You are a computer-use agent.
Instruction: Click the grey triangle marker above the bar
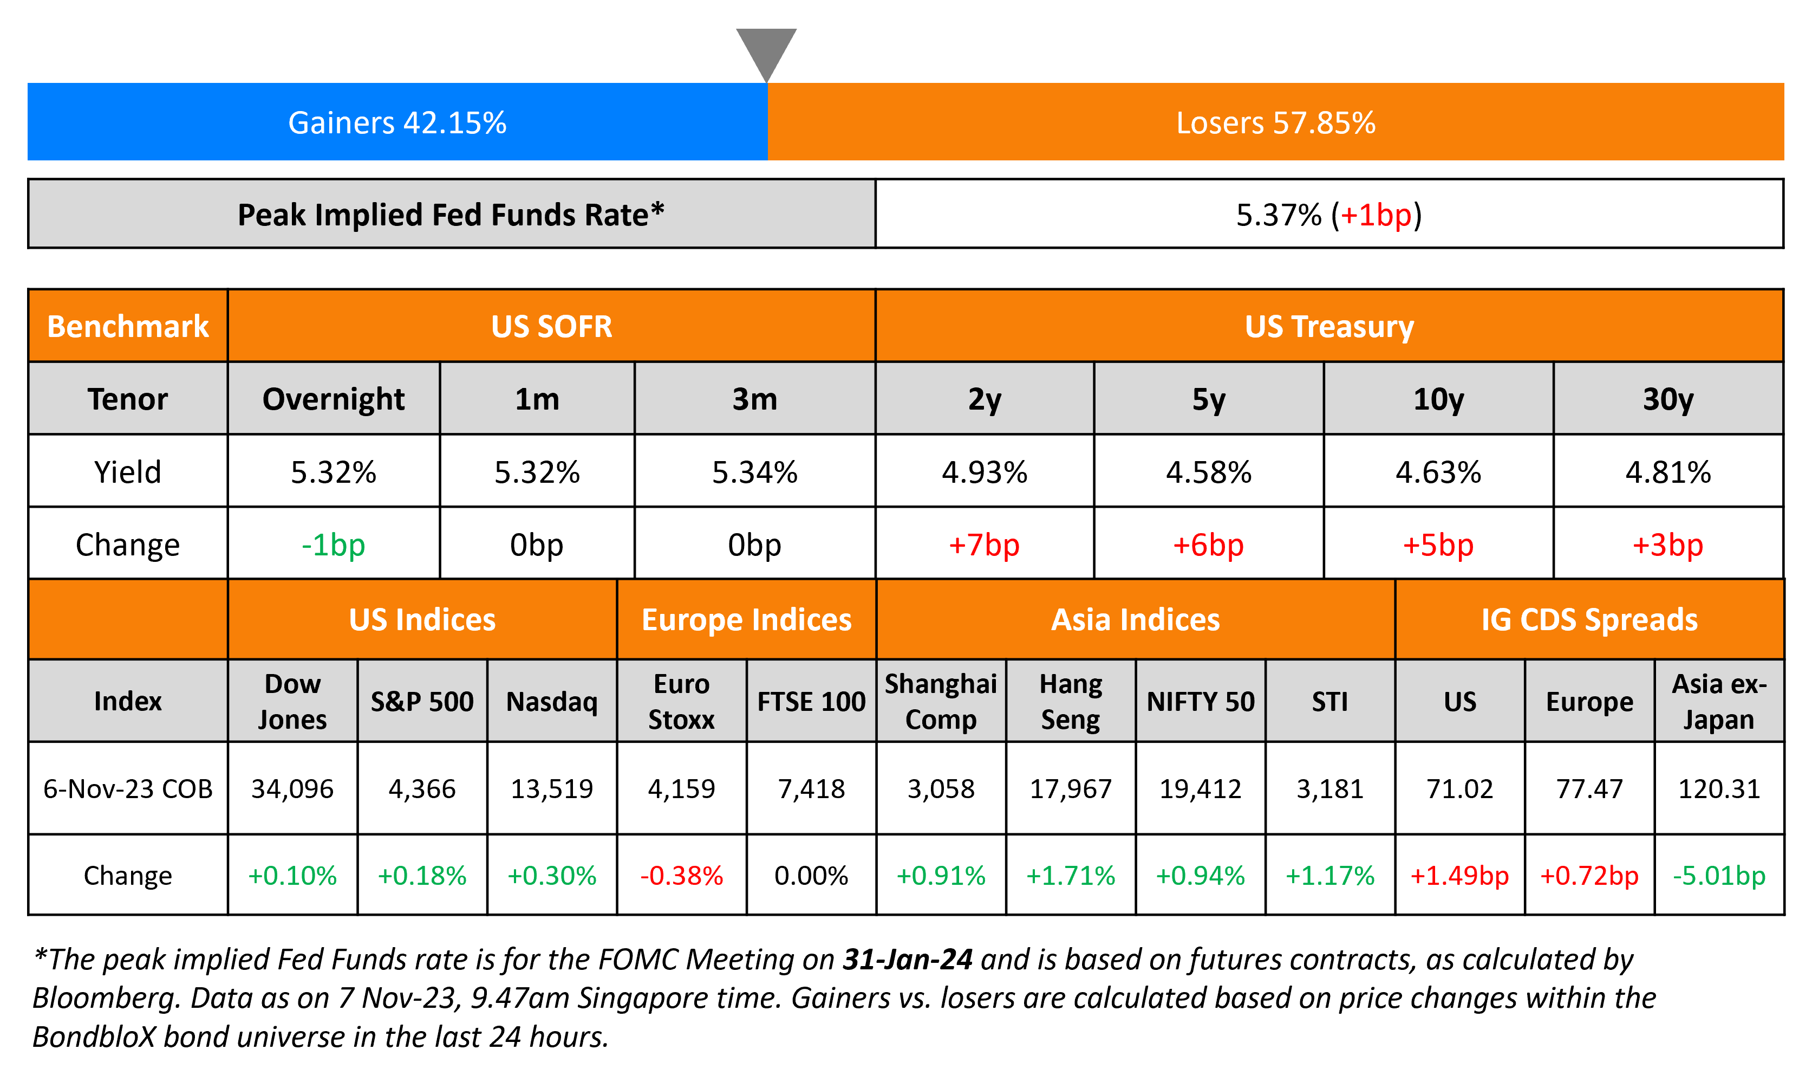point(766,51)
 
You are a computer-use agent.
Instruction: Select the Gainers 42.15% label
point(397,122)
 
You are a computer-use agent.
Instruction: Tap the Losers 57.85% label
point(1275,122)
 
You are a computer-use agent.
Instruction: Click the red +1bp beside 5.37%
point(1376,215)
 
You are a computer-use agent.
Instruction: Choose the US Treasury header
point(1328,327)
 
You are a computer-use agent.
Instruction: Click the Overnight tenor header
point(333,399)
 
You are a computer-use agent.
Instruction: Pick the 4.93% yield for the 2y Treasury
point(984,472)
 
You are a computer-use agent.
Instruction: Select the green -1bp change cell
point(333,545)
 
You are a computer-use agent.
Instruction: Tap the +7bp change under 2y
point(984,545)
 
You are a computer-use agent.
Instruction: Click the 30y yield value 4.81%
point(1667,472)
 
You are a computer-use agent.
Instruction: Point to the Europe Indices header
point(746,620)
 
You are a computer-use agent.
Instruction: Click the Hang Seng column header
point(1070,701)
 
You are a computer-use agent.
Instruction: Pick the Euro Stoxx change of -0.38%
point(681,876)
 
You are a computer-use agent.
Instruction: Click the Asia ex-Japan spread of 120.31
point(1719,788)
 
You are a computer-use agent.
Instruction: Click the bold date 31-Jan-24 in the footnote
point(907,959)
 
